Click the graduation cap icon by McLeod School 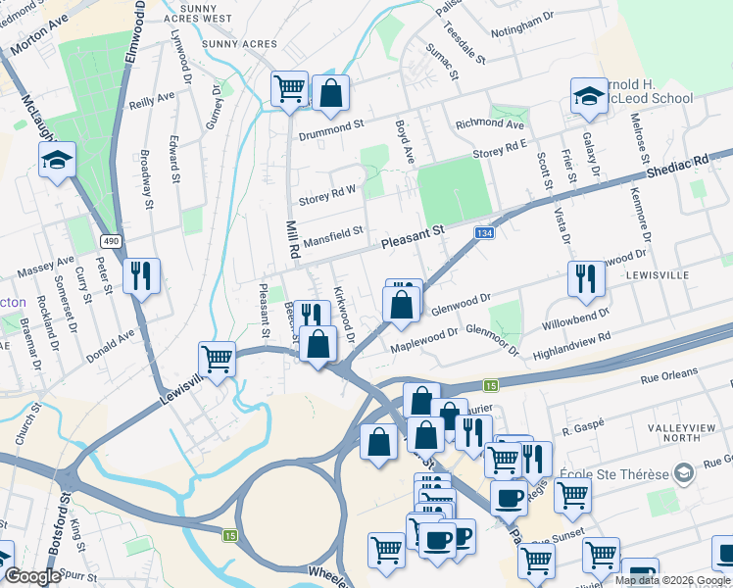point(588,96)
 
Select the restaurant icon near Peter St point(141,276)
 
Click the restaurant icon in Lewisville point(586,279)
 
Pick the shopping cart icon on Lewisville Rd point(217,358)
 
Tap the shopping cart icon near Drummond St point(289,89)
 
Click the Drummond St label point(332,125)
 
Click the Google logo point(31,577)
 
